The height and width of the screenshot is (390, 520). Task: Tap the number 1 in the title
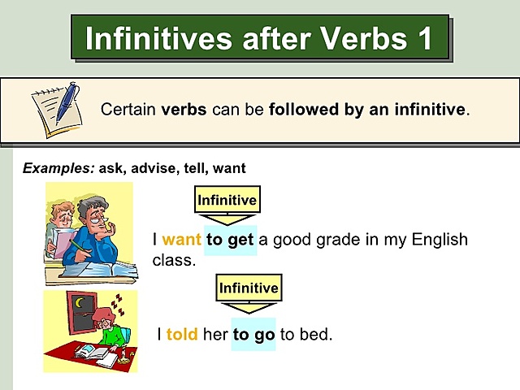point(424,38)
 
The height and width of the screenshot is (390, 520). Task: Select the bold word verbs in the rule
point(184,109)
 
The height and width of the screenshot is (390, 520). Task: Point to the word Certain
point(128,109)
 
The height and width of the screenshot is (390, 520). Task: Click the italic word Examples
point(58,168)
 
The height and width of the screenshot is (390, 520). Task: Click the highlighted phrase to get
point(230,240)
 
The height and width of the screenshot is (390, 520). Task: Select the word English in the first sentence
point(437,240)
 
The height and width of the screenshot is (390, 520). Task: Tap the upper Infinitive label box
point(227,200)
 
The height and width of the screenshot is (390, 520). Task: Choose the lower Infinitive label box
point(249,288)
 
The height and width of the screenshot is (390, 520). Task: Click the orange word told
point(182,334)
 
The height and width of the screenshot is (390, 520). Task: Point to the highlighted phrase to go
point(253,334)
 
